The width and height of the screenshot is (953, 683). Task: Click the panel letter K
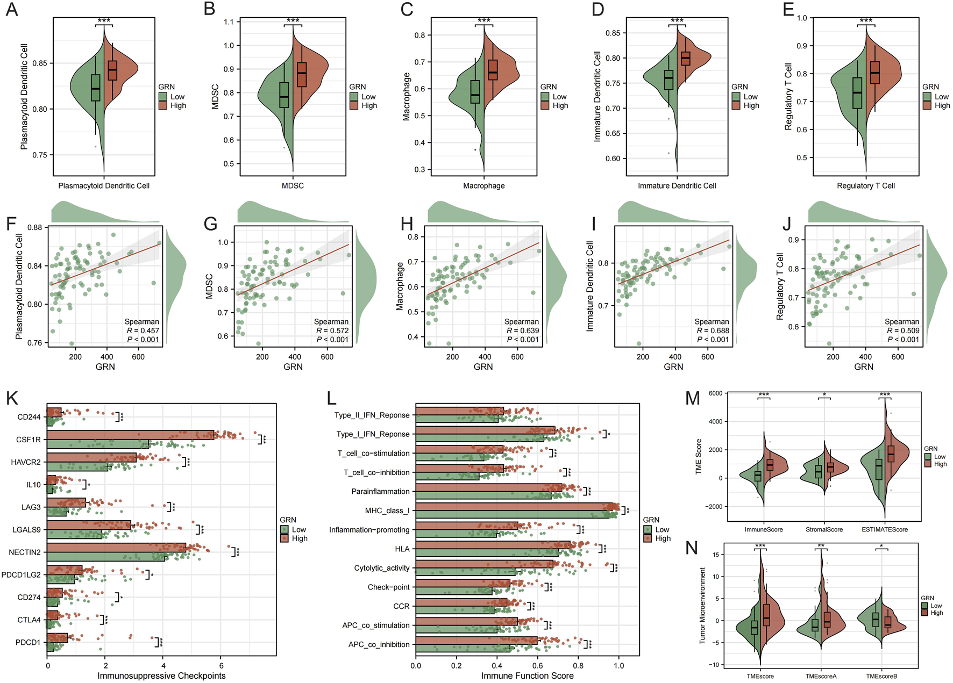12,398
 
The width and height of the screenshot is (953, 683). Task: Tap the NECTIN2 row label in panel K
25,552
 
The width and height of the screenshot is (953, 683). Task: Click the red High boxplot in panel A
112,71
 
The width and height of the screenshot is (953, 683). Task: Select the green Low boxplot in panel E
857,93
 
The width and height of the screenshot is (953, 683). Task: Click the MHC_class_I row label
387,511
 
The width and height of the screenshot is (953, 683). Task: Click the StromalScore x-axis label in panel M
824,529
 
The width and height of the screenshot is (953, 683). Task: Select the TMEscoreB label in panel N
881,676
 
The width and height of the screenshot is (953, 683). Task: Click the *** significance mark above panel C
483,21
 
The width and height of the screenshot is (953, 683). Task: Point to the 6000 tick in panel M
715,393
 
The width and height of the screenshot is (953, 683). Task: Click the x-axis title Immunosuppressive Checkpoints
161,675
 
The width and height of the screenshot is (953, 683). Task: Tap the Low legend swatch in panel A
163,97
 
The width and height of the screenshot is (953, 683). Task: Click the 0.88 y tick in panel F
34,227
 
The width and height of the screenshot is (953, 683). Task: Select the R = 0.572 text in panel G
332,330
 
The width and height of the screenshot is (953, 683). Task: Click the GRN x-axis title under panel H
483,366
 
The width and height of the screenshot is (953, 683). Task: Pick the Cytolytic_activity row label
382,568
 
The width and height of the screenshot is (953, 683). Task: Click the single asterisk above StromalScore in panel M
824,395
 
